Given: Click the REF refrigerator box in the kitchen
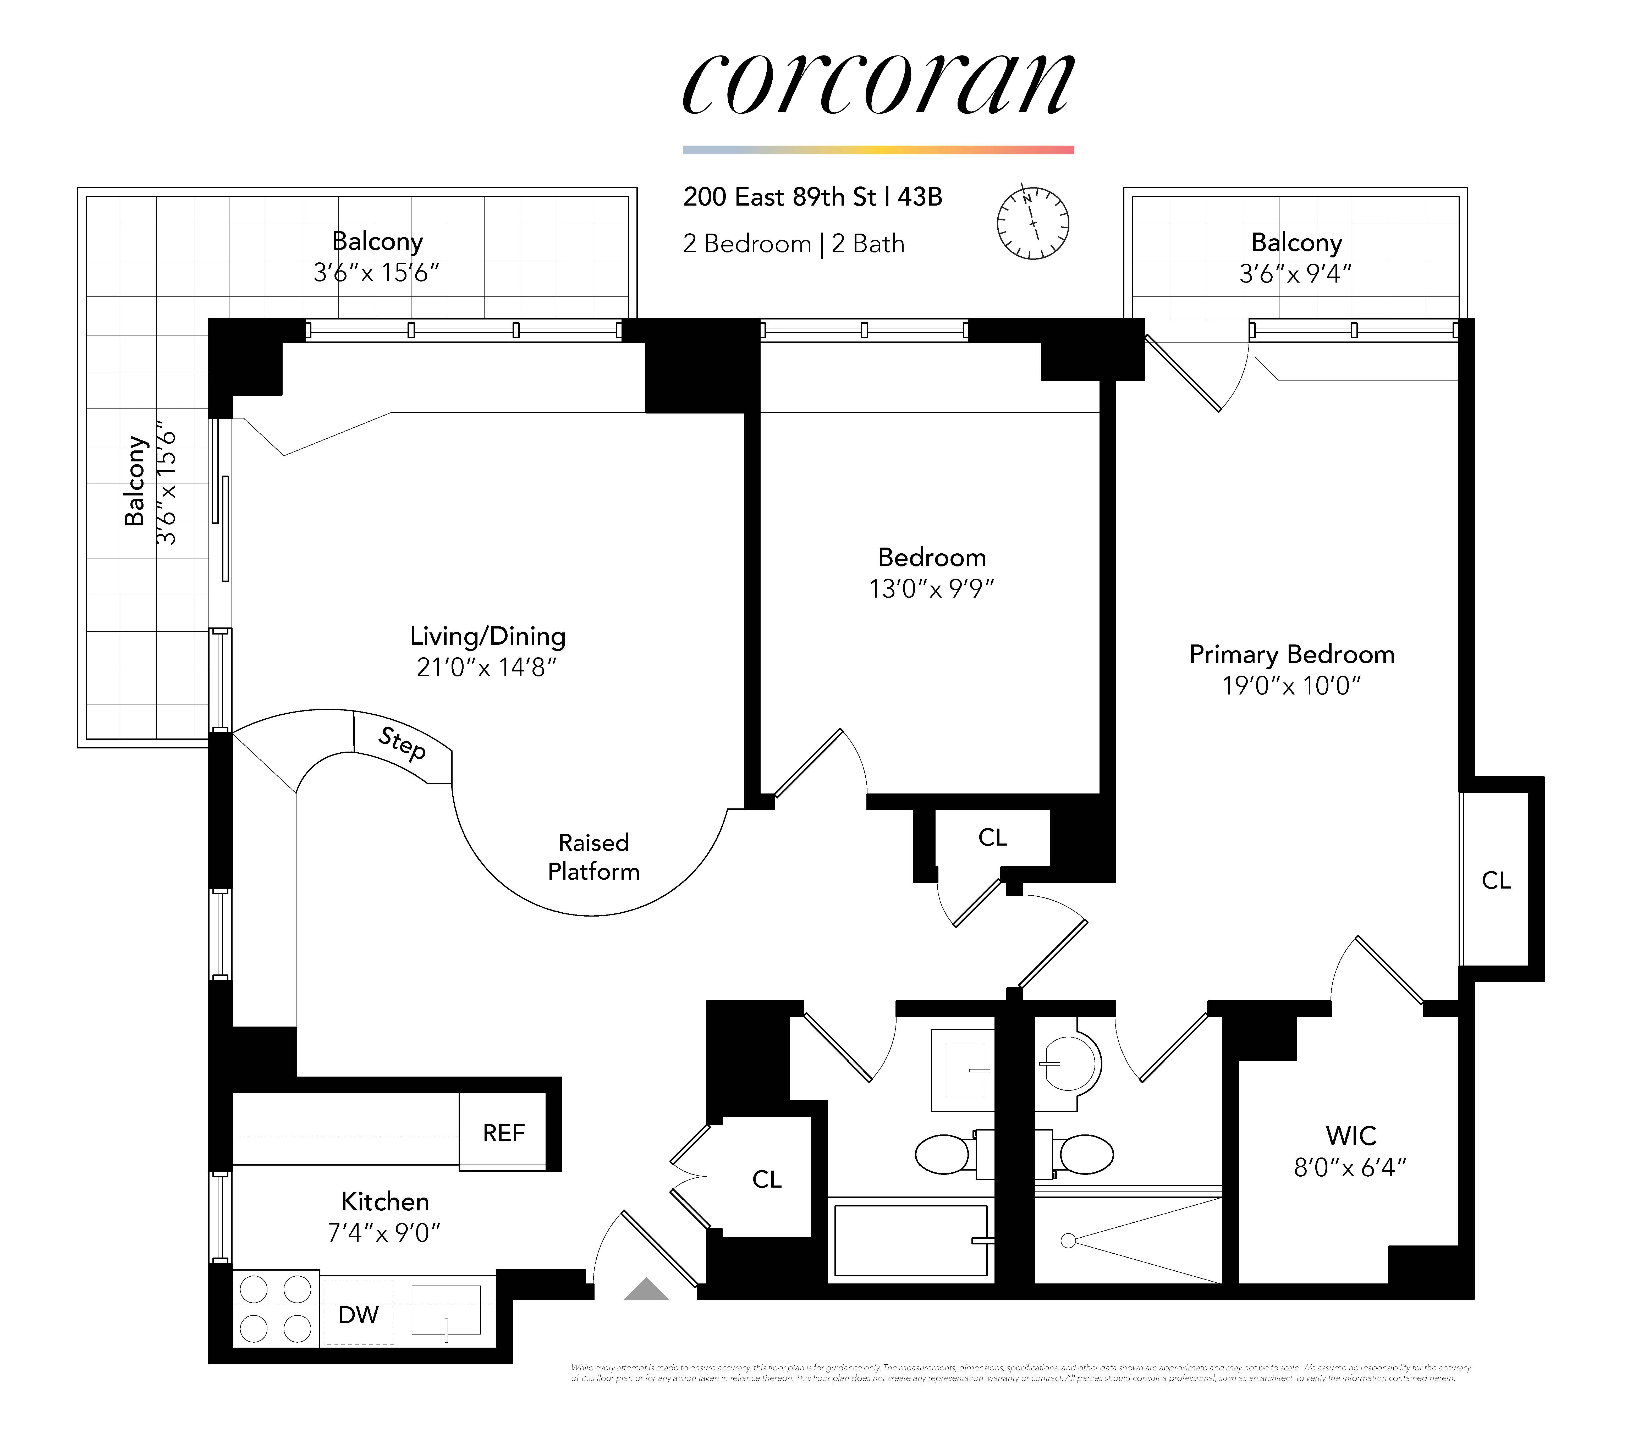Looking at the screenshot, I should click(503, 1133).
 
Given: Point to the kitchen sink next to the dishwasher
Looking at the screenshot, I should click(446, 1310).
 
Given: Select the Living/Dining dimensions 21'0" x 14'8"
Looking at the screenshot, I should click(486, 667).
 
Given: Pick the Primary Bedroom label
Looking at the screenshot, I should click(1291, 654).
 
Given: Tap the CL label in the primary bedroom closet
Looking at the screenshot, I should click(1496, 880).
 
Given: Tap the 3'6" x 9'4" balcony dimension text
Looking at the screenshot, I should click(1295, 274).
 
